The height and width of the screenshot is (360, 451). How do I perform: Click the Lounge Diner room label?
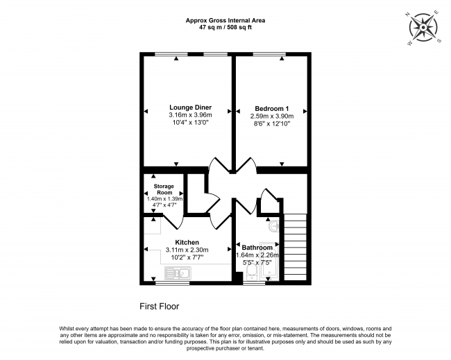(x=190, y=108)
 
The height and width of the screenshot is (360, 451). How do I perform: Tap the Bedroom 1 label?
(x=272, y=109)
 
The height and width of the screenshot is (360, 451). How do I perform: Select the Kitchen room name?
(x=187, y=242)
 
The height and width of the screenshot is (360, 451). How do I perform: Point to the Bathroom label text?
(x=257, y=248)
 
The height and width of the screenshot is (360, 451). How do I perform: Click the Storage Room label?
(x=164, y=189)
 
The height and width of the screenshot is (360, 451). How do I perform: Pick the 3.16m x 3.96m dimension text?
(x=190, y=115)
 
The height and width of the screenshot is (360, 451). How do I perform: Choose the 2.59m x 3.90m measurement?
(x=272, y=116)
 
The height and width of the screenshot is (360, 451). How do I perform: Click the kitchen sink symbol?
(x=178, y=273)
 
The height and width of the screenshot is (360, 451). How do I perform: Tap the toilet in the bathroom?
(x=253, y=273)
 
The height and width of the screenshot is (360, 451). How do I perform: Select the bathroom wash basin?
(x=274, y=225)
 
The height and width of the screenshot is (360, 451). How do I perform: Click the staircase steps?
(x=296, y=247)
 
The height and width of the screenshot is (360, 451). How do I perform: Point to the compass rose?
(x=423, y=28)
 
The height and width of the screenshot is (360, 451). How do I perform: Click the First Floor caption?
(x=160, y=307)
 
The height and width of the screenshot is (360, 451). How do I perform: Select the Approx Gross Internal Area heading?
(x=226, y=20)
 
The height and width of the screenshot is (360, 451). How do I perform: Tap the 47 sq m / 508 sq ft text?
(x=226, y=28)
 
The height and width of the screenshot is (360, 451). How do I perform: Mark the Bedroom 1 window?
(x=269, y=54)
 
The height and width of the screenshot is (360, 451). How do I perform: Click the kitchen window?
(x=173, y=283)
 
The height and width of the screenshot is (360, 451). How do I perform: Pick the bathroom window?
(x=254, y=283)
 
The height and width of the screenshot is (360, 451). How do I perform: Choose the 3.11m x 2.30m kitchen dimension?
(x=187, y=250)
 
